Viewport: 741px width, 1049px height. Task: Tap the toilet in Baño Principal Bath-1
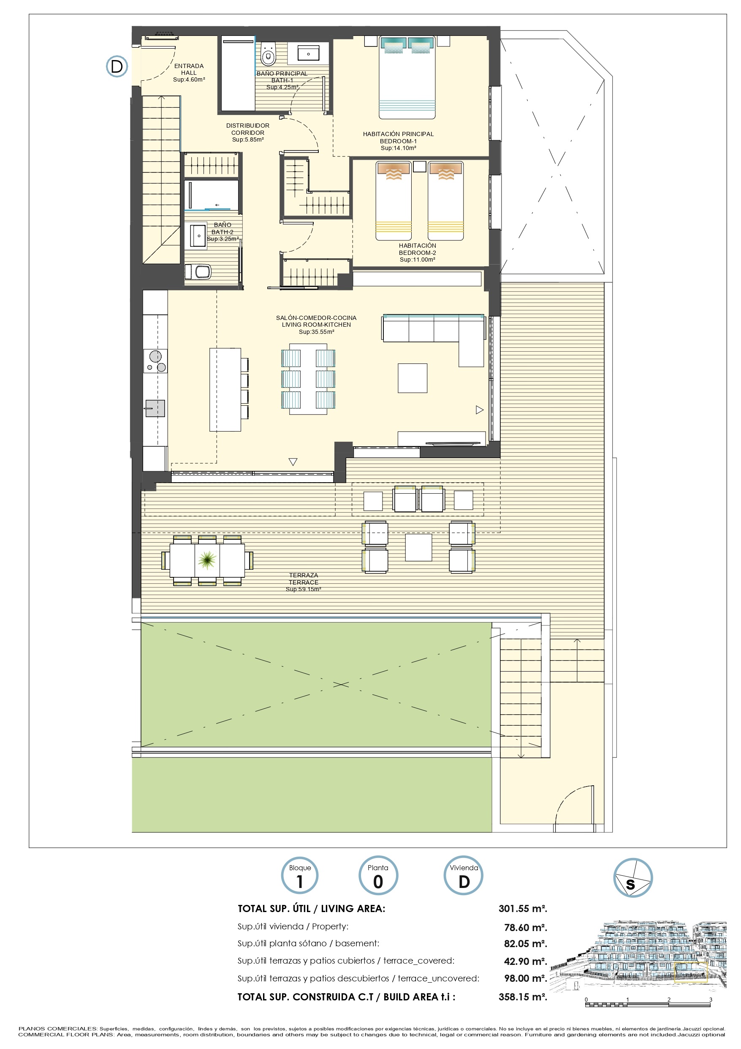point(268,54)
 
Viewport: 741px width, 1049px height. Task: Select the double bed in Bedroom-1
point(407,78)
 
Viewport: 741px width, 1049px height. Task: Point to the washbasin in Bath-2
point(198,235)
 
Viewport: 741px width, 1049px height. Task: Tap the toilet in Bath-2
point(198,271)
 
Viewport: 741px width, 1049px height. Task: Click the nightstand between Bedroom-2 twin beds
point(419,166)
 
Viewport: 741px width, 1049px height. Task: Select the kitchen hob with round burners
point(155,361)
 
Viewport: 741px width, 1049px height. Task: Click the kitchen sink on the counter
point(155,408)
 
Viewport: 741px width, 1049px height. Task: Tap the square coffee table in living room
point(412,378)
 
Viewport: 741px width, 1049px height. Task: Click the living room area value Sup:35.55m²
point(316,332)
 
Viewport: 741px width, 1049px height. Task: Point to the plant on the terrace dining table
point(207,559)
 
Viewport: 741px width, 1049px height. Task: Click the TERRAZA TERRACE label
point(304,579)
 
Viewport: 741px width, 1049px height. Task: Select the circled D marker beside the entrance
point(117,66)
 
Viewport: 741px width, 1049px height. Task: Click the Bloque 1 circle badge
point(299,875)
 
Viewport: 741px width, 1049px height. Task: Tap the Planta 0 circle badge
point(378,875)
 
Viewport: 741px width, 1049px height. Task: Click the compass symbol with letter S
point(633,878)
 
